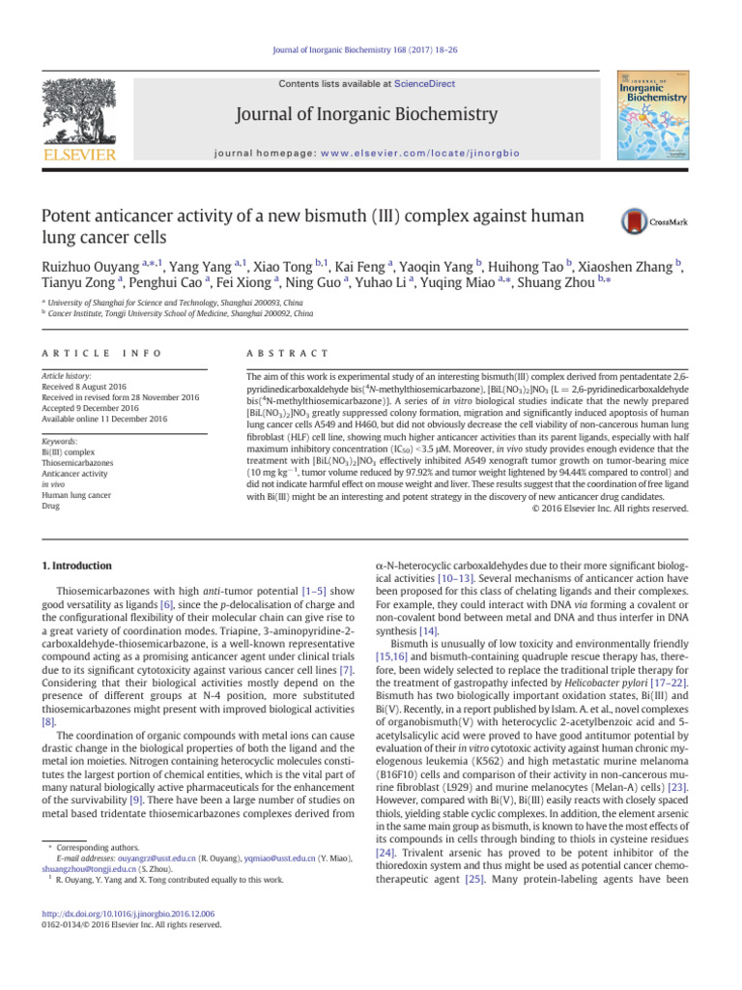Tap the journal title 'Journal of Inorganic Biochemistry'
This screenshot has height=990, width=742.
click(x=370, y=119)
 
